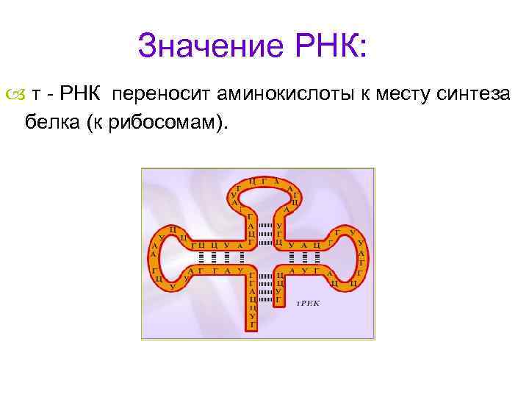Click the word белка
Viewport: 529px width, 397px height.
51,121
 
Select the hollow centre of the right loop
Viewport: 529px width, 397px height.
344,255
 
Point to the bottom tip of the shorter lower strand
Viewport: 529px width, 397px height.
279,304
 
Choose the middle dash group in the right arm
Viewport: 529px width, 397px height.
303,257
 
